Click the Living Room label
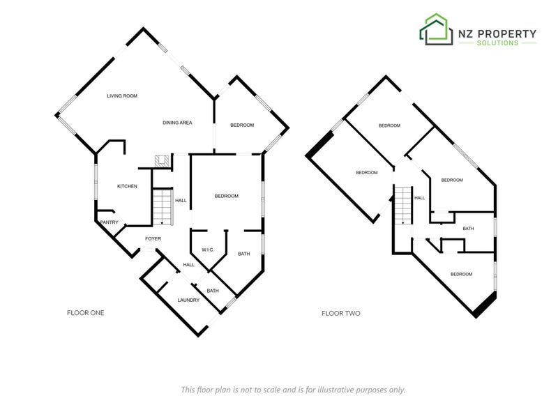tap(122, 95)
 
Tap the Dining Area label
tap(177, 123)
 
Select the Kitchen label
tap(127, 186)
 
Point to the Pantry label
tap(110, 222)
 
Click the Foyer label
tap(153, 238)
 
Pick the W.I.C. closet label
tap(208, 250)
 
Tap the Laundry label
tap(188, 300)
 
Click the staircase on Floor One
tap(163, 207)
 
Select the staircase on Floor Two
tap(403, 205)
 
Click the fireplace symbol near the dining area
tap(162, 161)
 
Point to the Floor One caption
tap(85, 313)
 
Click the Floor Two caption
tap(341, 314)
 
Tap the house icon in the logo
tap(437, 29)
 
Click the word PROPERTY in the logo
tap(506, 33)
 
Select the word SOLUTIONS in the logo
tap(497, 43)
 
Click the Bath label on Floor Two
tap(468, 229)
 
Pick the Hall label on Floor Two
tap(420, 198)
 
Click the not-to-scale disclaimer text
tap(293, 390)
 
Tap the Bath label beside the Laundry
tap(213, 291)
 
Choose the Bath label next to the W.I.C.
tap(243, 254)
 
